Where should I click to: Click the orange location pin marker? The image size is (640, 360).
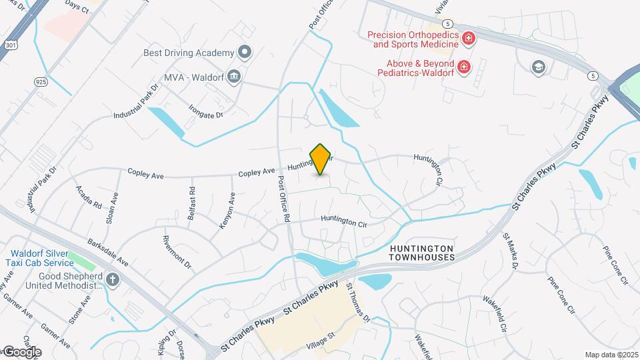321,159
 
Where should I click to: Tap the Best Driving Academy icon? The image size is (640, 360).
245,52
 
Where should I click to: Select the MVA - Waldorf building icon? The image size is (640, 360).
234,75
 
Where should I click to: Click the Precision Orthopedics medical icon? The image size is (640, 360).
469,39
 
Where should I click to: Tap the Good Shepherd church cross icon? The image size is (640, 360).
112,279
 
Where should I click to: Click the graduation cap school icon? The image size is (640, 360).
538,67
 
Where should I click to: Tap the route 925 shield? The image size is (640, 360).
41,81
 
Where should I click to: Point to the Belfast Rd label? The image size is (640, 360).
193,199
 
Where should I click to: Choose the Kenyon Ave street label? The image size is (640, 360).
227,211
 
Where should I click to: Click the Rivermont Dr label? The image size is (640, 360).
177,251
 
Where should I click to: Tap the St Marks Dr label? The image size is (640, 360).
511,251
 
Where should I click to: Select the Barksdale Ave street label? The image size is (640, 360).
107,251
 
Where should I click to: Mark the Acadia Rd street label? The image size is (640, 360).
89,197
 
